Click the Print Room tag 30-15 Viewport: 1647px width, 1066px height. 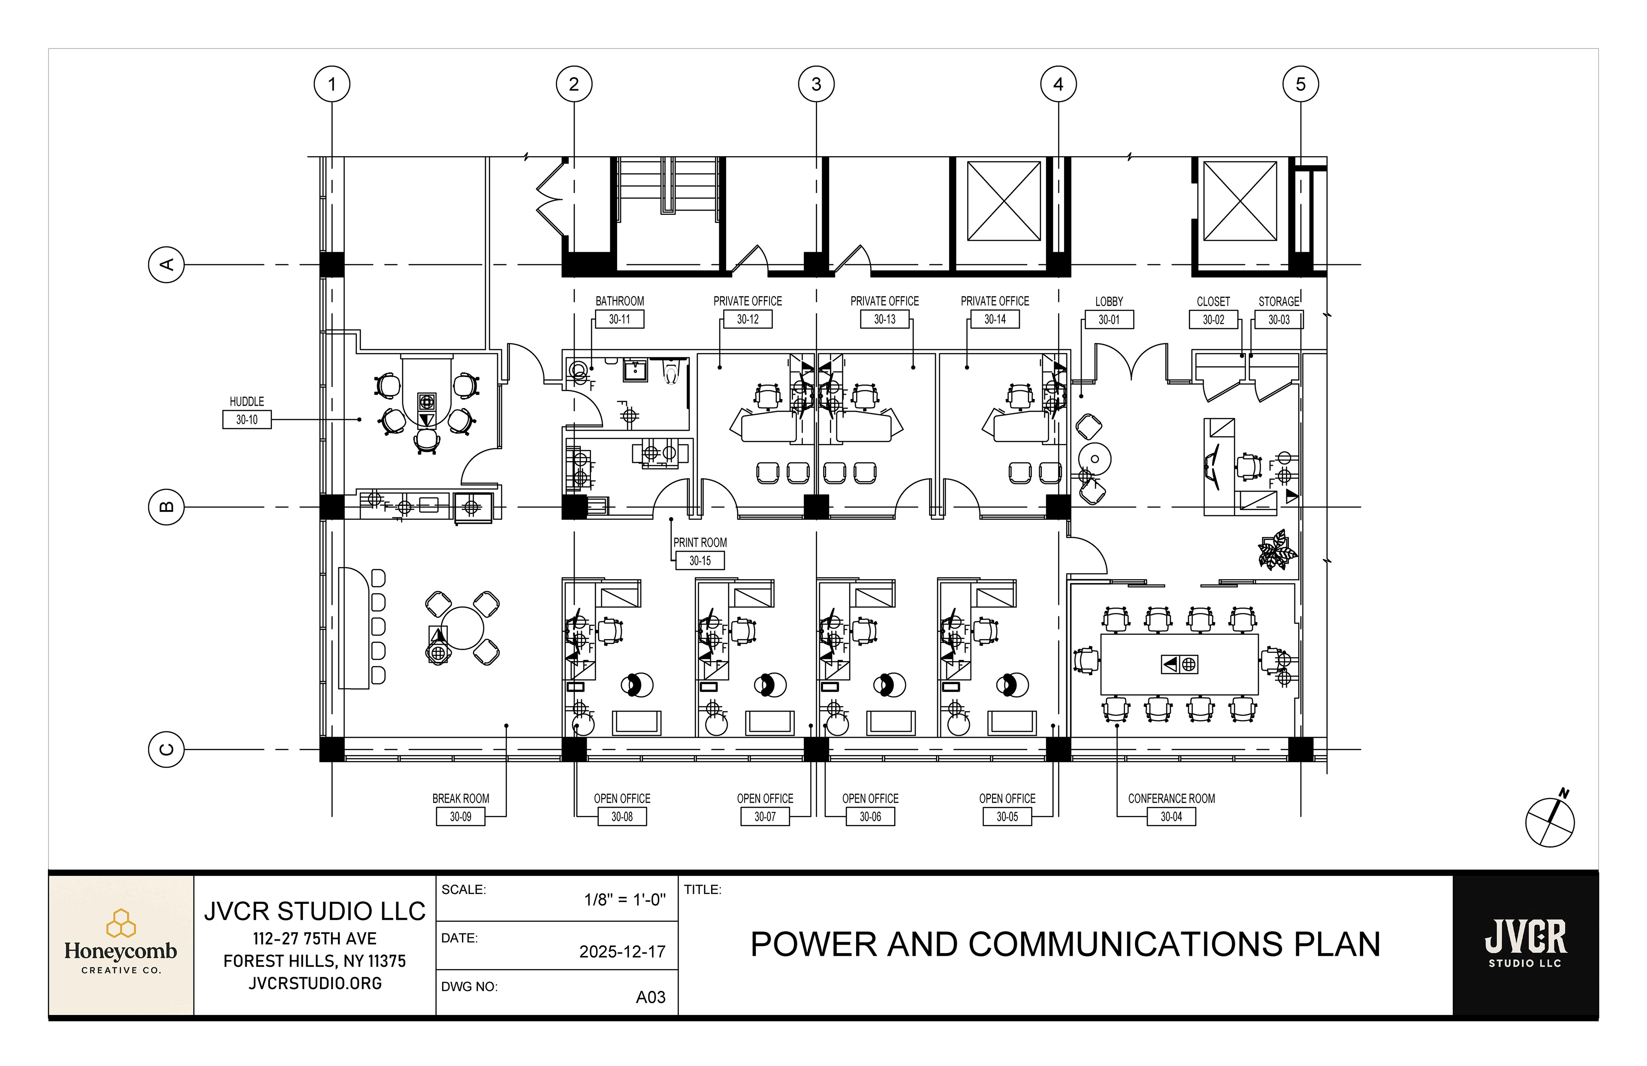click(x=700, y=561)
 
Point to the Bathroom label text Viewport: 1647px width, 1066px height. click(x=619, y=301)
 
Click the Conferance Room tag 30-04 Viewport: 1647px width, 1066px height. click(x=1171, y=817)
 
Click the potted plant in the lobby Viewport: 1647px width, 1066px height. click(x=1277, y=551)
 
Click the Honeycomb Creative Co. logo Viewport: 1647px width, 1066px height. click(x=121, y=945)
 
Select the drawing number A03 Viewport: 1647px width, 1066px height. click(x=651, y=997)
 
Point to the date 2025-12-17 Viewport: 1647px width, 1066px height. click(x=622, y=952)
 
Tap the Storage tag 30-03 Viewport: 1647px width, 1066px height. click(x=1279, y=320)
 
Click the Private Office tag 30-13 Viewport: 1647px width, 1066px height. click(x=884, y=319)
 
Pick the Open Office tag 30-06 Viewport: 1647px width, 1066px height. click(x=870, y=817)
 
